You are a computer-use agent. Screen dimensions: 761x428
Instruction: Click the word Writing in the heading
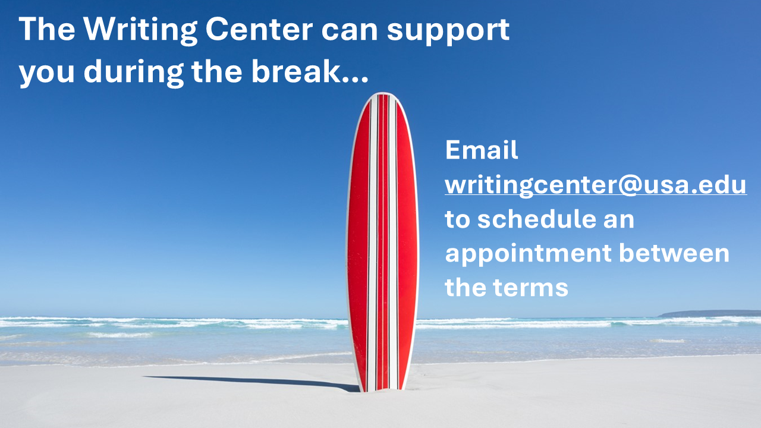(x=140, y=30)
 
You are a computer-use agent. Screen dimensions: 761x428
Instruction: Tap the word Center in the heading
(x=259, y=29)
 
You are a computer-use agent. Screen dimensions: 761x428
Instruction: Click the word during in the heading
(x=134, y=73)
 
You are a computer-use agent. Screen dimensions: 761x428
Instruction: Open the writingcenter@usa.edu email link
(x=596, y=185)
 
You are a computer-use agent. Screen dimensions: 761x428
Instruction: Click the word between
(x=674, y=253)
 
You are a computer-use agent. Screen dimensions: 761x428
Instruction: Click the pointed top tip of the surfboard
(x=382, y=93)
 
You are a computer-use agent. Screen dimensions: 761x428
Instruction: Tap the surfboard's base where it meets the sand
(x=382, y=389)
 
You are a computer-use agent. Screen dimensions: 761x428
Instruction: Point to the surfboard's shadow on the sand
(x=251, y=382)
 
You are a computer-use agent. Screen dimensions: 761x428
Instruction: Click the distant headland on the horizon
(x=710, y=313)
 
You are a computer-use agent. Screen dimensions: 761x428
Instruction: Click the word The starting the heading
(x=47, y=29)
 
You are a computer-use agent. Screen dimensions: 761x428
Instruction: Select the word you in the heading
(x=46, y=74)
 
